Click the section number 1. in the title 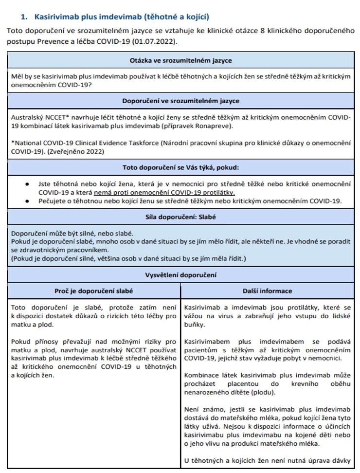(24, 17)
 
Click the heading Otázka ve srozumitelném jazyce (180, 61)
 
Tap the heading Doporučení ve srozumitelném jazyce (180, 101)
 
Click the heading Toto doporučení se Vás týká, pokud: (180, 168)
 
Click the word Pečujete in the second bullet (53, 200)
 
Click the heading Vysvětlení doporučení (180, 275)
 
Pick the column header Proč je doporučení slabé (93, 291)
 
